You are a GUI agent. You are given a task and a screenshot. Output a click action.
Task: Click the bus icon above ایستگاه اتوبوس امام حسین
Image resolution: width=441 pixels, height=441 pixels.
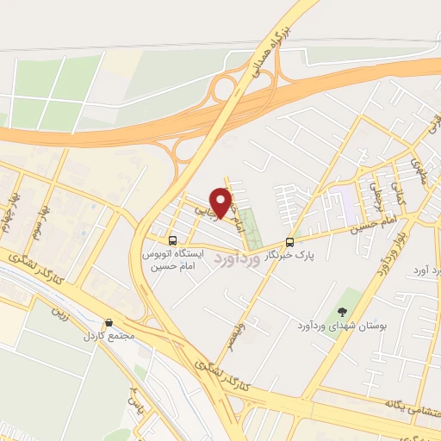(173, 240)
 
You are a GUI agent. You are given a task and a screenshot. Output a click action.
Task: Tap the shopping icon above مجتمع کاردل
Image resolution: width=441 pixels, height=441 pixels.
(109, 323)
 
